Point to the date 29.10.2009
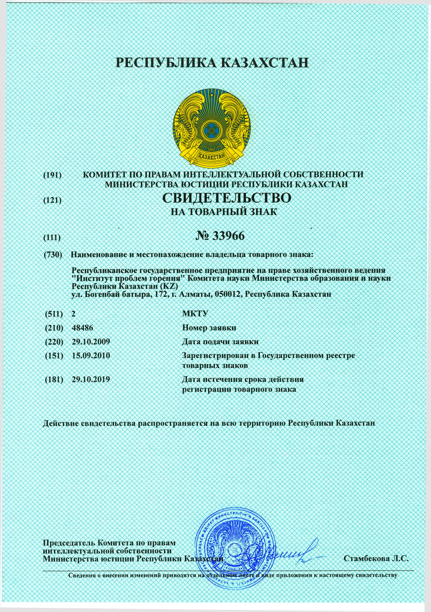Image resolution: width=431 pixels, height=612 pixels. coord(91,341)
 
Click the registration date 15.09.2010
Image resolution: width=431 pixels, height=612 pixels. coord(91,356)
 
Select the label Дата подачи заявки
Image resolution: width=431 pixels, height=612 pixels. coord(220,341)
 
